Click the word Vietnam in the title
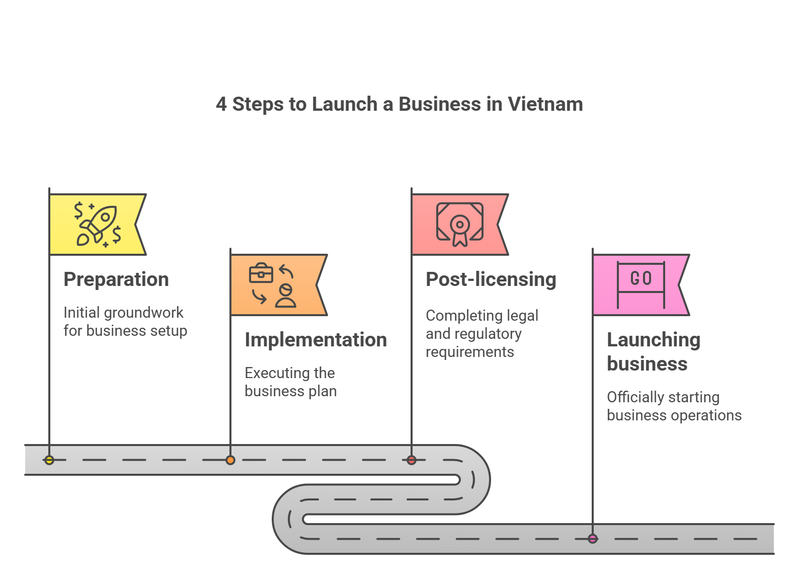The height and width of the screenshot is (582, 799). pyautogui.click(x=545, y=104)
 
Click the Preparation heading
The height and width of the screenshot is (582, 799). pyautogui.click(x=116, y=279)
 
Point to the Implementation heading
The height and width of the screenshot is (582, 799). pyautogui.click(x=315, y=340)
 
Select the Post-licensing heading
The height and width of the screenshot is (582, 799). pyautogui.click(x=491, y=279)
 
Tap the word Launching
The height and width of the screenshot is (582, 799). pyautogui.click(x=653, y=340)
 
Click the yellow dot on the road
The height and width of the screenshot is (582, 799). pyautogui.click(x=49, y=460)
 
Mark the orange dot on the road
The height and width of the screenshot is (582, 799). pyautogui.click(x=230, y=460)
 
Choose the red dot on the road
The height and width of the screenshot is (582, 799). pyautogui.click(x=412, y=460)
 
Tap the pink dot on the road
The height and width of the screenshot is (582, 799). pyautogui.click(x=593, y=539)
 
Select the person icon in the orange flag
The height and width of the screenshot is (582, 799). pyautogui.click(x=286, y=296)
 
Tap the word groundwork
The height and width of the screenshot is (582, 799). pyautogui.click(x=143, y=313)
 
